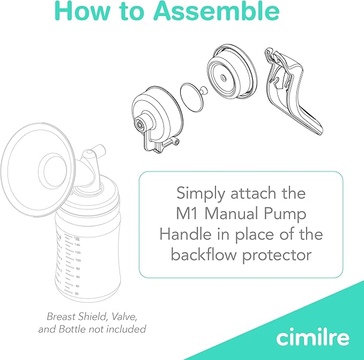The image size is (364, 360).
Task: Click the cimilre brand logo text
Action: pyautogui.click(x=313, y=337)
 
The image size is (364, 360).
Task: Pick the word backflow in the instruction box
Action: pyautogui.click(x=204, y=254)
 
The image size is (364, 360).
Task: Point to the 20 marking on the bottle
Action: pyautogui.click(x=77, y=294)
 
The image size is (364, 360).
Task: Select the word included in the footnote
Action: pyautogui.click(x=125, y=329)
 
